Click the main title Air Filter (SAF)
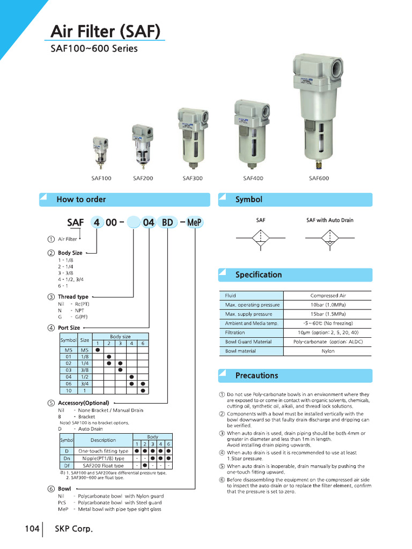tap(106, 32)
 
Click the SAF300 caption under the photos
tap(193, 179)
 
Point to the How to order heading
tap(81, 199)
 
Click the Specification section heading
tap(258, 274)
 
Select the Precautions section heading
tap(256, 375)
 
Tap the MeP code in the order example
tap(195, 222)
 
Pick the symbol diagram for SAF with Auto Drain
tap(329, 239)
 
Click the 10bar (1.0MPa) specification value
tap(328, 305)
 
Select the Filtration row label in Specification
tap(235, 332)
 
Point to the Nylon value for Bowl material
tap(328, 351)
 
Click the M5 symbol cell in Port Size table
tap(68, 350)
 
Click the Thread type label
tap(73, 296)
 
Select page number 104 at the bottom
tap(32, 529)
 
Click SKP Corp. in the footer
tap(74, 529)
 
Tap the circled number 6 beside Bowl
tap(50, 489)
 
